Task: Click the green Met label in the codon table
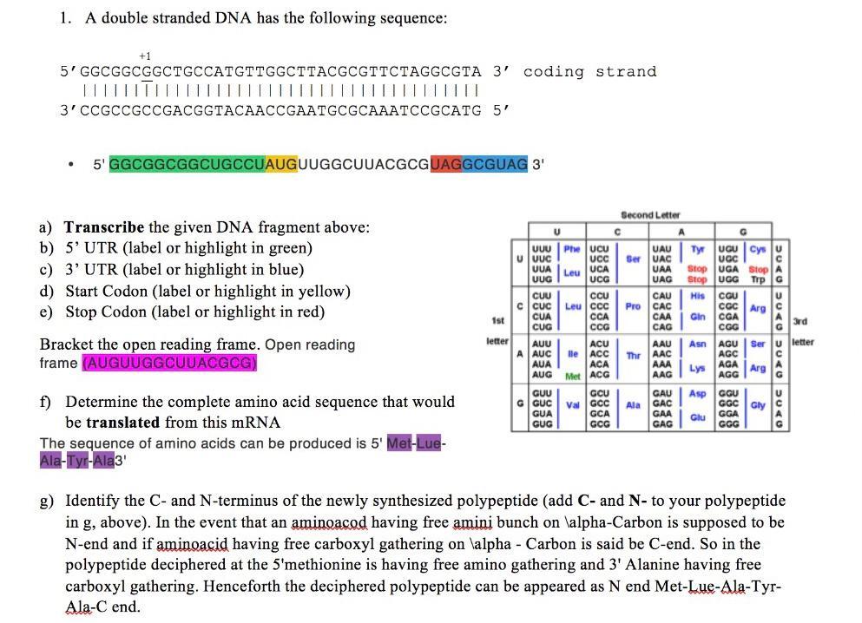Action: pyautogui.click(x=572, y=377)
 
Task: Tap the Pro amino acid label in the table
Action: pyautogui.click(x=632, y=306)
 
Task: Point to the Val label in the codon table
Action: pyautogui.click(x=571, y=403)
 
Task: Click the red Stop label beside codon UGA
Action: pyautogui.click(x=757, y=269)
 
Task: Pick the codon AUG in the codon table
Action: pyautogui.click(x=542, y=374)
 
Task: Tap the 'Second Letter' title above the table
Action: pyautogui.click(x=650, y=214)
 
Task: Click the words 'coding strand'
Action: pyautogui.click(x=589, y=71)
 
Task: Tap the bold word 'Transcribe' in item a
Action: pyautogui.click(x=104, y=227)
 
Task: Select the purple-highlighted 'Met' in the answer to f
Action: pyautogui.click(x=399, y=443)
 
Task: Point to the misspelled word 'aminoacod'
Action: pyautogui.click(x=330, y=523)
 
